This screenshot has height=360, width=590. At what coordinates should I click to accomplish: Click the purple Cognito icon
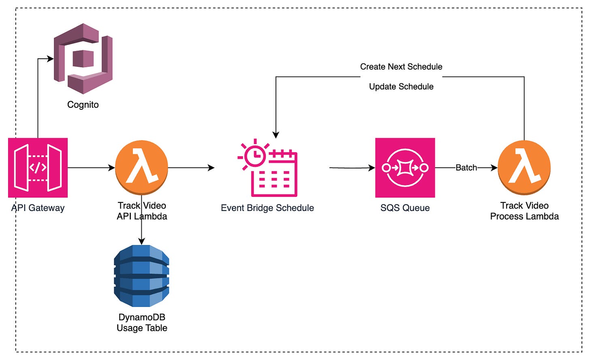pyautogui.click(x=83, y=59)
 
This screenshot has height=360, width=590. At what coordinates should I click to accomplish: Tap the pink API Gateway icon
pyautogui.click(x=38, y=168)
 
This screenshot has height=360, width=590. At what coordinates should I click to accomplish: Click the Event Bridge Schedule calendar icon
pyautogui.click(x=268, y=168)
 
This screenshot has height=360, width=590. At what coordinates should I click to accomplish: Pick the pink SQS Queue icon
pyautogui.click(x=405, y=168)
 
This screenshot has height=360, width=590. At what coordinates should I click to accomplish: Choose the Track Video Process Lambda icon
pyautogui.click(x=524, y=167)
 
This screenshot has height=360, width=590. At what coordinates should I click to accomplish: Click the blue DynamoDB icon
pyautogui.click(x=141, y=276)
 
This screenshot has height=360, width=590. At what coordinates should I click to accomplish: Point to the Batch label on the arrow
pyautogui.click(x=466, y=168)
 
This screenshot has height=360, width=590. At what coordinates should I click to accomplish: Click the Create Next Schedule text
pyautogui.click(x=401, y=67)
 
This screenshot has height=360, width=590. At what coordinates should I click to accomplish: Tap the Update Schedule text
pyautogui.click(x=401, y=87)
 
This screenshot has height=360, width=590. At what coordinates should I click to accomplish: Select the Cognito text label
pyautogui.click(x=83, y=105)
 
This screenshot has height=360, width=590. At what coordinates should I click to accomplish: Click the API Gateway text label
pyautogui.click(x=38, y=208)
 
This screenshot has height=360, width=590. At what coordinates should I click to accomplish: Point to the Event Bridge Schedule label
pyautogui.click(x=267, y=208)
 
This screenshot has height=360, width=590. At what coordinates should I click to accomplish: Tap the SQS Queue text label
pyautogui.click(x=405, y=208)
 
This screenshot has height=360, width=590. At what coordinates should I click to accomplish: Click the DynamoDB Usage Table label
pyautogui.click(x=142, y=323)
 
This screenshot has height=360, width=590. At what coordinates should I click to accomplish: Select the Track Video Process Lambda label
pyautogui.click(x=524, y=211)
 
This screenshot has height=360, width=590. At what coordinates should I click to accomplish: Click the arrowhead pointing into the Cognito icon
pyautogui.click(x=51, y=59)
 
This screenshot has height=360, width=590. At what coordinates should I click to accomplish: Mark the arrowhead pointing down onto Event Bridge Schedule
pyautogui.click(x=276, y=135)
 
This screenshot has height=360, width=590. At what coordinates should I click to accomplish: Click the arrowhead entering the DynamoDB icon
pyautogui.click(x=141, y=241)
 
